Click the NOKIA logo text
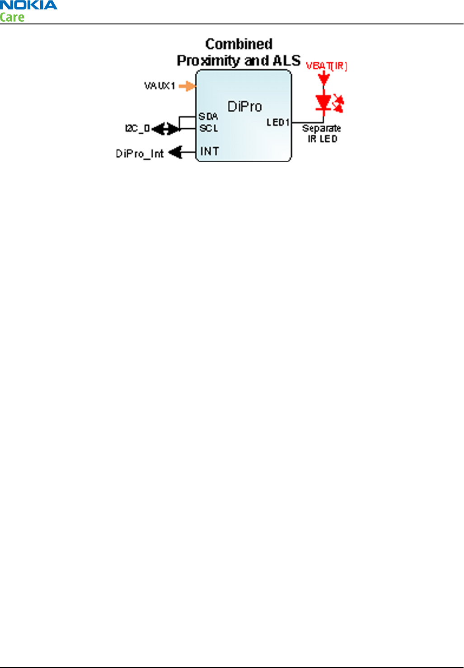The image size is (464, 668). point(28,5)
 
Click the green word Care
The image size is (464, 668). point(12,18)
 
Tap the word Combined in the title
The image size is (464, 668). point(239,44)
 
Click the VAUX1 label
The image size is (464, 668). point(159,86)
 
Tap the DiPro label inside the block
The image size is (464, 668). point(244,107)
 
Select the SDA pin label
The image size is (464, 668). point(208,117)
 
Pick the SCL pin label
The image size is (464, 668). point(209,128)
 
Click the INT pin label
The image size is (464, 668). point(210,151)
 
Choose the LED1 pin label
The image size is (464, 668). point(278,122)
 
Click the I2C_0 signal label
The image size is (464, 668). point(137,129)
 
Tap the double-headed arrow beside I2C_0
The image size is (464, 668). point(166,129)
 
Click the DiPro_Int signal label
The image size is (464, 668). point(140,154)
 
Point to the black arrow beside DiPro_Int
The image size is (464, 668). point(176,152)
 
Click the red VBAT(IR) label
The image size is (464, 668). point(326,66)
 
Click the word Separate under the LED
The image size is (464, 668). point(321,128)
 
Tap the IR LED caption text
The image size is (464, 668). point(322,139)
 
